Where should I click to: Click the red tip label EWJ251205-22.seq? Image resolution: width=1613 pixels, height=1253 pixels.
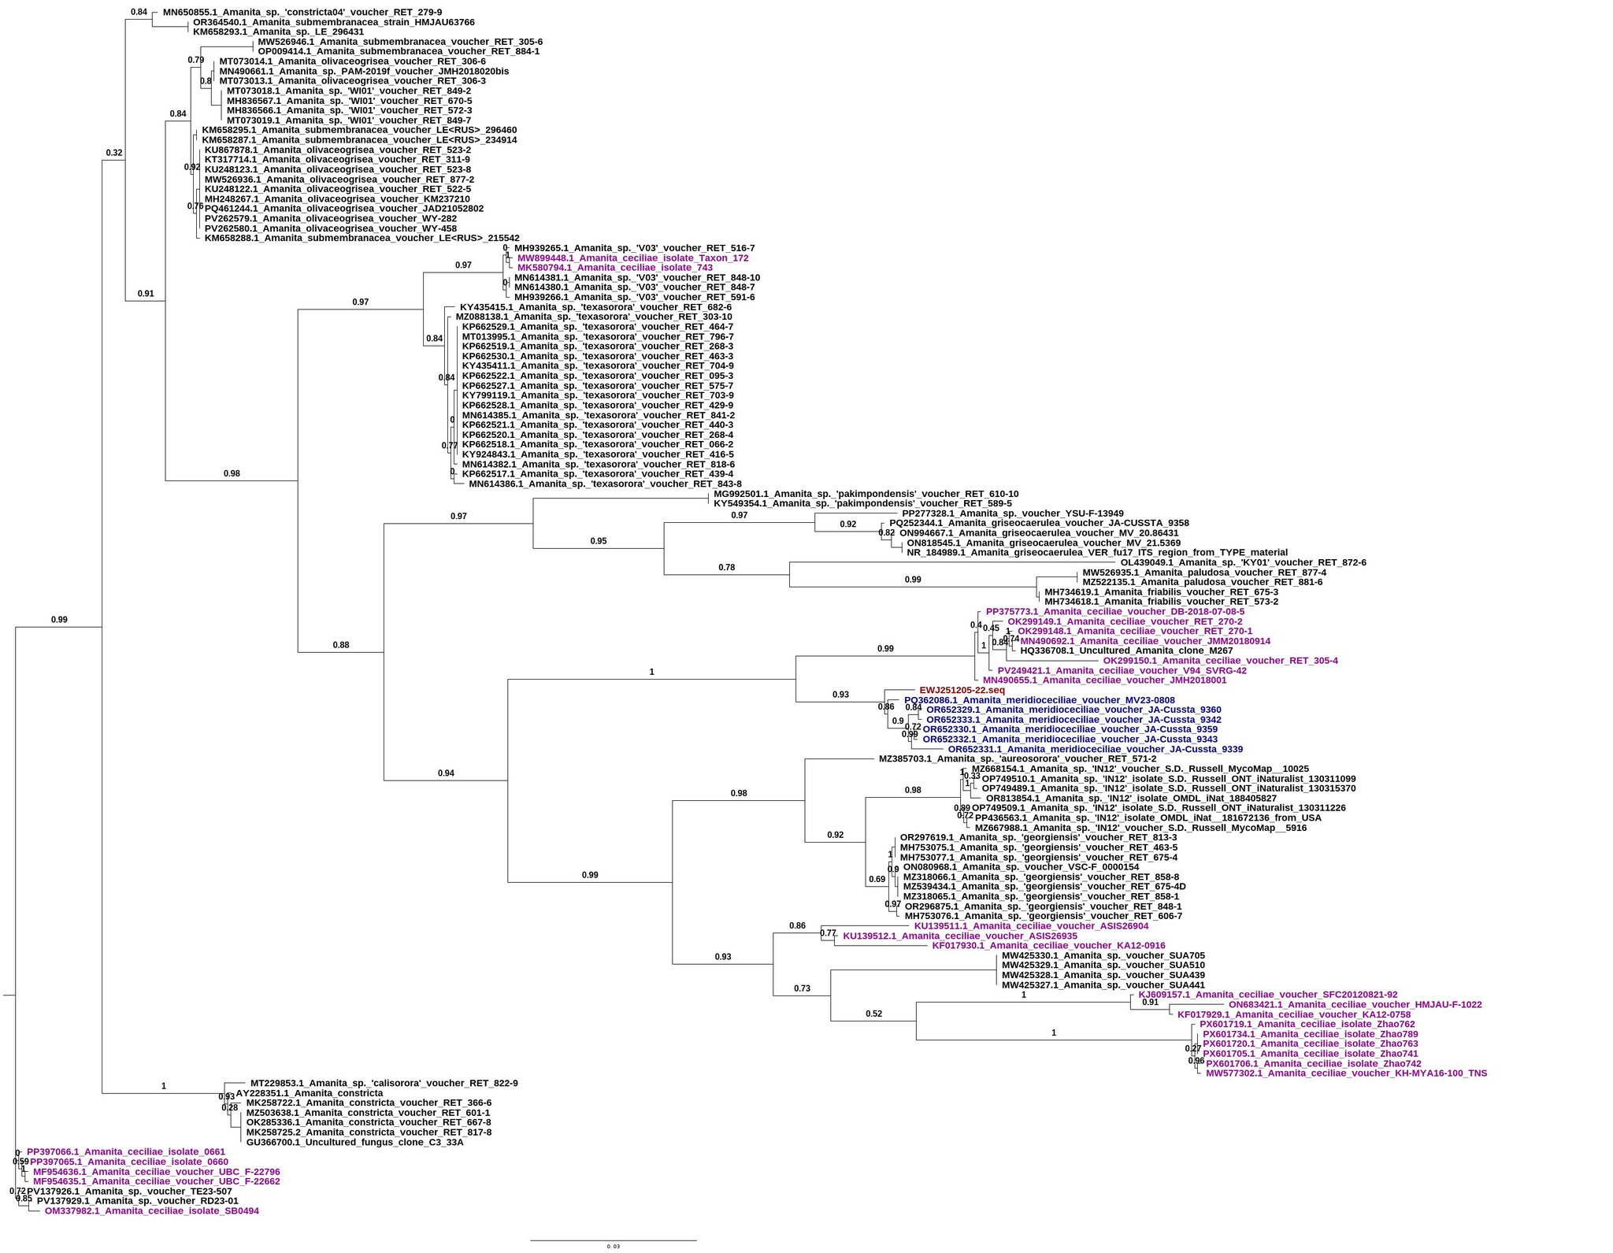tap(962, 691)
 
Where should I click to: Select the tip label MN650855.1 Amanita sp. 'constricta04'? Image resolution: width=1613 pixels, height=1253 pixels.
tap(302, 13)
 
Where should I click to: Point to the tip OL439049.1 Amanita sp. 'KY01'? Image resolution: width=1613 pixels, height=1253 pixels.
tap(1243, 562)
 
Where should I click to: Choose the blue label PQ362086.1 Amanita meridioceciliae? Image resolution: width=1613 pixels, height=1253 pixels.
tap(1039, 700)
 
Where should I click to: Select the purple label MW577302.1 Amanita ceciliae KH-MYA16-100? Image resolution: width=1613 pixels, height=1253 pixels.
tap(1346, 1073)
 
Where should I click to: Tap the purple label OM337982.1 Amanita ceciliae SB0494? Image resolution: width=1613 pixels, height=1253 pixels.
tap(151, 1210)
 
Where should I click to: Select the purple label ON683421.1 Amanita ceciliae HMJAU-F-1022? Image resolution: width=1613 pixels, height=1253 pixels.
tap(1355, 1004)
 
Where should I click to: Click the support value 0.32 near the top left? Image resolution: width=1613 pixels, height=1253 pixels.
tap(114, 153)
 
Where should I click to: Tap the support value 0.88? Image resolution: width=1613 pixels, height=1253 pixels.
tap(341, 645)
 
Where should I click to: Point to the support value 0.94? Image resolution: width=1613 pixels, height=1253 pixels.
tap(447, 773)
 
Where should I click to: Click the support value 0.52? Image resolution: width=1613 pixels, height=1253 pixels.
tap(874, 1014)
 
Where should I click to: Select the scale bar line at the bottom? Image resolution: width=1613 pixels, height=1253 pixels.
tap(613, 1241)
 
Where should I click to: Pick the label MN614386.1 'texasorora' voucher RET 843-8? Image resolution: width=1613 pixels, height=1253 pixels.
tap(605, 484)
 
